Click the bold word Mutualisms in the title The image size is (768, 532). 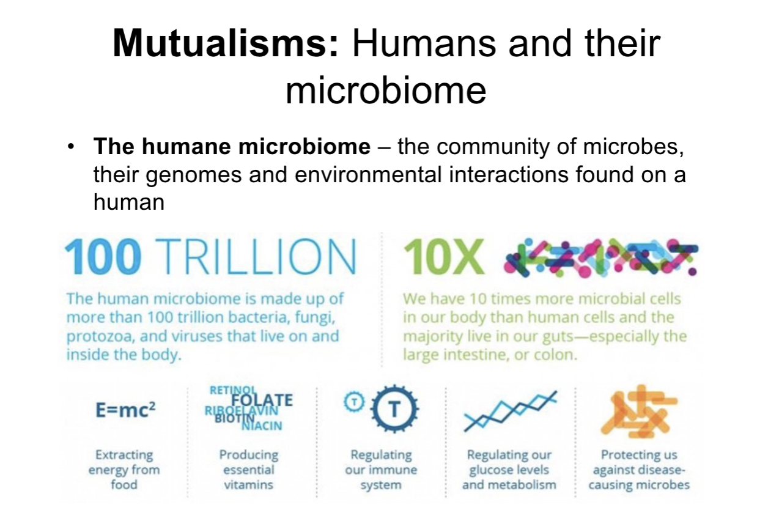tap(225, 44)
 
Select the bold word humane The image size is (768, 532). tap(187, 147)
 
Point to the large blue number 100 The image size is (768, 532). tap(103, 257)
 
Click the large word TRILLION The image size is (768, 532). tap(256, 257)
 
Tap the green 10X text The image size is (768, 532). tap(444, 257)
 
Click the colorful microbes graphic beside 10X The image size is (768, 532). tap(600, 257)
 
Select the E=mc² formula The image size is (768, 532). tap(125, 410)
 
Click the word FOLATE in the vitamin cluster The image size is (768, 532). tap(262, 401)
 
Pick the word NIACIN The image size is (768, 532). tap(262, 426)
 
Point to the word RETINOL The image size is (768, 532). tap(233, 390)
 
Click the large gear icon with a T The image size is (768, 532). tap(394, 409)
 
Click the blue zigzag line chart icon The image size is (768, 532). tap(511, 411)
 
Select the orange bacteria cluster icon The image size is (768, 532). tap(639, 411)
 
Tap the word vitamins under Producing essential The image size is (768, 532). tap(249, 485)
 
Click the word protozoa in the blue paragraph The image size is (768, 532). tap(98, 337)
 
